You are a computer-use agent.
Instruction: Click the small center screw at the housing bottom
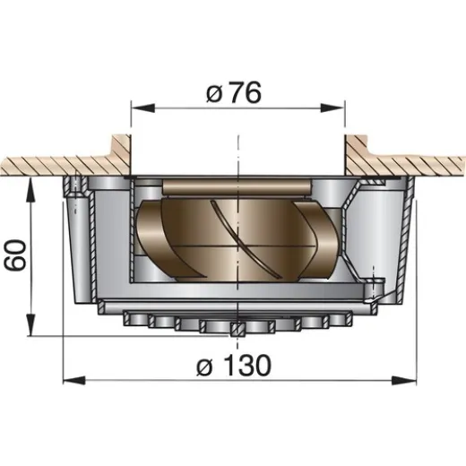click(x=235, y=329)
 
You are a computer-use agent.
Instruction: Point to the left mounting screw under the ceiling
click(x=76, y=186)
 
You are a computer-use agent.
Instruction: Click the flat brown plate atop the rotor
click(x=237, y=186)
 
